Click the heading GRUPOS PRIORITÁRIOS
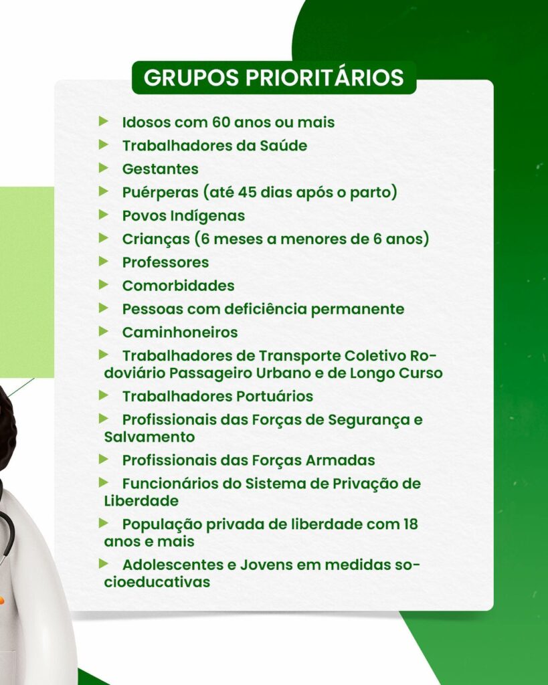pos(274,78)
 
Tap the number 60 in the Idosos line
pos(221,122)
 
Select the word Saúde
pos(284,145)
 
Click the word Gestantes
pos(161,169)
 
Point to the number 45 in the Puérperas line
pos(247,192)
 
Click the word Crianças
pos(156,239)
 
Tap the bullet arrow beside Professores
pos(104,262)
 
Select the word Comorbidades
pos(178,286)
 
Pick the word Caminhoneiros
pos(180,332)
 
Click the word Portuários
pos(275,396)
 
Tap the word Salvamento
pos(149,437)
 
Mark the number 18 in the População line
pos(410,524)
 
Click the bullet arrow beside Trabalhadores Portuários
pos(104,395)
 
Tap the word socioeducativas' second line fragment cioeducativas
pos(157,583)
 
